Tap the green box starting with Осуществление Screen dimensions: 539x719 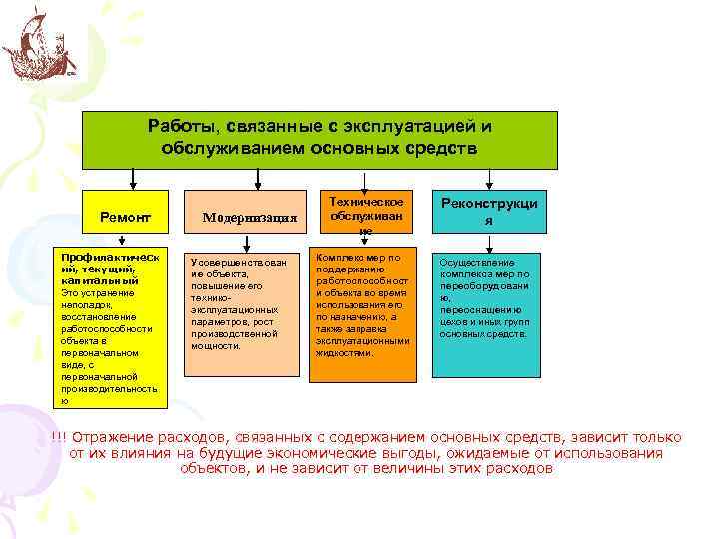[484, 300]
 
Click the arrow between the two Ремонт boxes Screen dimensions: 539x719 [122, 240]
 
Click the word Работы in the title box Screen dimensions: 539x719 [180, 127]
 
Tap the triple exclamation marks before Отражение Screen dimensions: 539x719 [58, 438]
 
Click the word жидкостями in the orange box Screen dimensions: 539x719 [344, 353]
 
